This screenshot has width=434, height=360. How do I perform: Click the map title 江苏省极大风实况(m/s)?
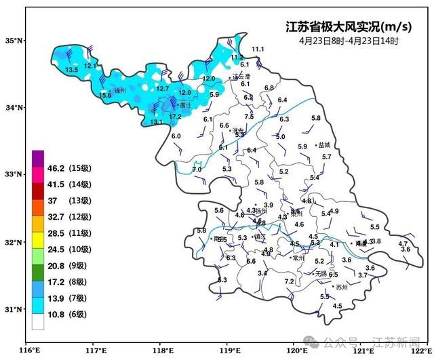tap(348, 27)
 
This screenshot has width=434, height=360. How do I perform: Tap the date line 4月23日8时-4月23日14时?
tap(349, 41)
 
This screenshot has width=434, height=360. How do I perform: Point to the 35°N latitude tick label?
tap(15, 41)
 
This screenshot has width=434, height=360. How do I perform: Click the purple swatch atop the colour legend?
tap(38, 155)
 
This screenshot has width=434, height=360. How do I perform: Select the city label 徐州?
tap(121, 90)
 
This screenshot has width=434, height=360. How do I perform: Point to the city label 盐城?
tap(323, 145)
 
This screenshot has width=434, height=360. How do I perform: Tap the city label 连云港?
tap(241, 77)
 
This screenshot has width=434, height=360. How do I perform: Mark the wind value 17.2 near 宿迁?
tap(175, 117)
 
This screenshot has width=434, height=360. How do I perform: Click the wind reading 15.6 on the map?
tap(105, 96)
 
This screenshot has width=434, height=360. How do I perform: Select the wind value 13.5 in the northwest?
tap(71, 70)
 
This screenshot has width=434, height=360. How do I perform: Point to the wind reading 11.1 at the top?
tap(258, 49)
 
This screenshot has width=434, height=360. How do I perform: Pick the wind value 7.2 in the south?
tap(290, 281)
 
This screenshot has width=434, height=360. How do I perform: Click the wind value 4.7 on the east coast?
tap(403, 243)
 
